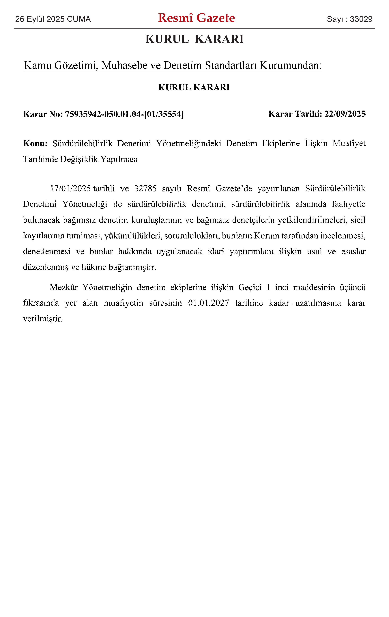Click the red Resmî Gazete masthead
pos(196,18)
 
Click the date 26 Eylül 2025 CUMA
pos(53,19)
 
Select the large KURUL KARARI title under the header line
pos(194,39)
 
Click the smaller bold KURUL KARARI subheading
pos(194,87)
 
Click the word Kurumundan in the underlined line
pos(290,65)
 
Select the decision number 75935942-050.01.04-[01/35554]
pos(124,114)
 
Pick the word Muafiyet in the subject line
pos(349,143)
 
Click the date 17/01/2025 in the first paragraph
pos(70,189)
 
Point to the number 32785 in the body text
pos(145,189)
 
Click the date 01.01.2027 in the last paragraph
pos(208,303)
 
